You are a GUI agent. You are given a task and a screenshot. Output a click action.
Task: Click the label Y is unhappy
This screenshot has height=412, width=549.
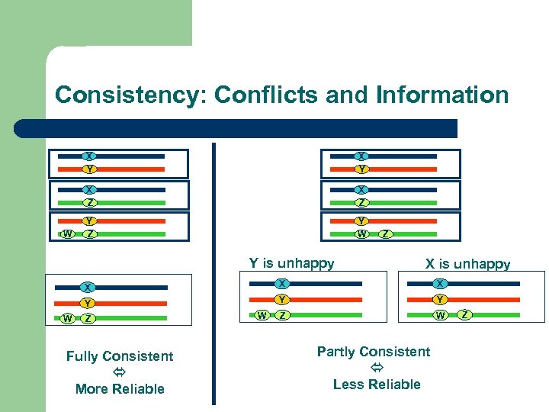291,263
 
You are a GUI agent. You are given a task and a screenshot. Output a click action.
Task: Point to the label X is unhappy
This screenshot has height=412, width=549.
467,264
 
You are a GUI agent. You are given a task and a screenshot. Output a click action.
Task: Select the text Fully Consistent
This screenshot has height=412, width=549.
120,356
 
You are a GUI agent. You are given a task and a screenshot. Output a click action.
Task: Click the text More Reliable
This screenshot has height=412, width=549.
120,389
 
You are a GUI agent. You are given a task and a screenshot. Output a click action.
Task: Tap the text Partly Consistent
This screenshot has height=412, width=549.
374,352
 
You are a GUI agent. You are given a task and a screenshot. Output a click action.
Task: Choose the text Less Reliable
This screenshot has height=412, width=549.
377,385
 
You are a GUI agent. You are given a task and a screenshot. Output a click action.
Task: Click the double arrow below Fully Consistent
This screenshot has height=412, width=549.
120,372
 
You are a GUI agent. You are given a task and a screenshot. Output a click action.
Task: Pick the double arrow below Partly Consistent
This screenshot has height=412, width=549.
376,368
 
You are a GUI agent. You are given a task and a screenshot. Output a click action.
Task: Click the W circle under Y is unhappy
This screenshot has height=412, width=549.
262,315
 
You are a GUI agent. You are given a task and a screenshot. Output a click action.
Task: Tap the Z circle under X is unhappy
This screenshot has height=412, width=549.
464,314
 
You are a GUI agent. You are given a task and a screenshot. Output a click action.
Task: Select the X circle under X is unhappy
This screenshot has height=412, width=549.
441,284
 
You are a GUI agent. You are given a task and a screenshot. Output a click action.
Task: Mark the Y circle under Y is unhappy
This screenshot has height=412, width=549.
281,300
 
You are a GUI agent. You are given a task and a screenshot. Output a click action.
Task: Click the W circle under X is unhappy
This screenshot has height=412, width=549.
441,315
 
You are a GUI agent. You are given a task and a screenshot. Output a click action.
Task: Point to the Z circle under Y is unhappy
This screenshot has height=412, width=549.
281,315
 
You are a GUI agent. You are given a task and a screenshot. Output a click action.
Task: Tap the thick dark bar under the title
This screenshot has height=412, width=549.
236,128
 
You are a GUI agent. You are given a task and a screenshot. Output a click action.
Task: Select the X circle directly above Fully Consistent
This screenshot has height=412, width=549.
88,288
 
